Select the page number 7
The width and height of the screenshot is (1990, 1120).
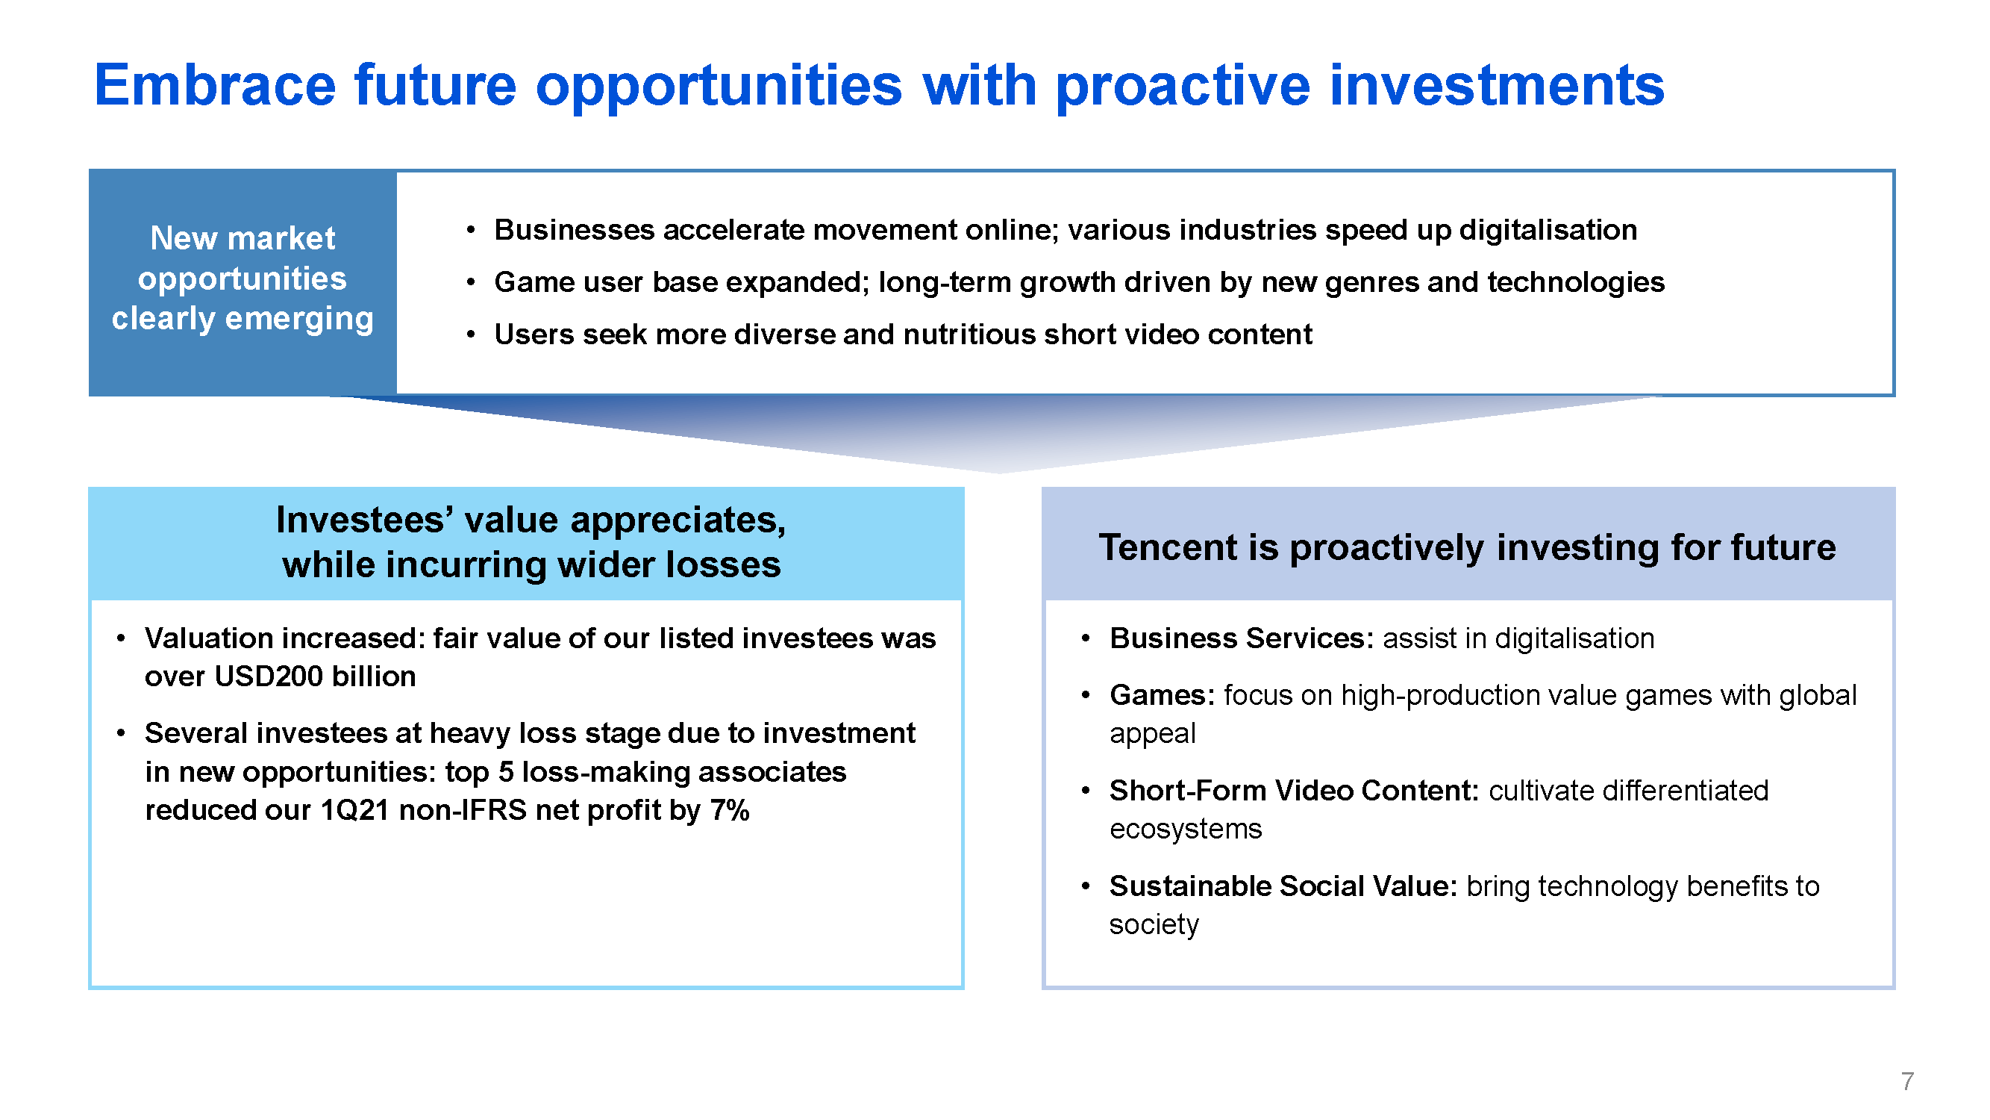click(1907, 1080)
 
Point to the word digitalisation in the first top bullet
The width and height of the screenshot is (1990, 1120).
click(1548, 229)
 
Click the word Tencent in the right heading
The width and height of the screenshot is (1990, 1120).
click(1168, 547)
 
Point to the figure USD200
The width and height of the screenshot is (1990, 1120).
click(268, 676)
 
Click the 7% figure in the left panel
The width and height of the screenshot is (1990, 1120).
click(729, 810)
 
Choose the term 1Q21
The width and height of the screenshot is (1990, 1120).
click(354, 810)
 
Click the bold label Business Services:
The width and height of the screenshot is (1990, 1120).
click(1242, 638)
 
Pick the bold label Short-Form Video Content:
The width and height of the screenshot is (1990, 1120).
click(1294, 791)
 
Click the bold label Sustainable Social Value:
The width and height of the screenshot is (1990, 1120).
click(1283, 886)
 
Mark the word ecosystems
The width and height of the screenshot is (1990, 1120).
click(1186, 830)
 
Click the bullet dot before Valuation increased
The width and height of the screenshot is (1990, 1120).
click(121, 638)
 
